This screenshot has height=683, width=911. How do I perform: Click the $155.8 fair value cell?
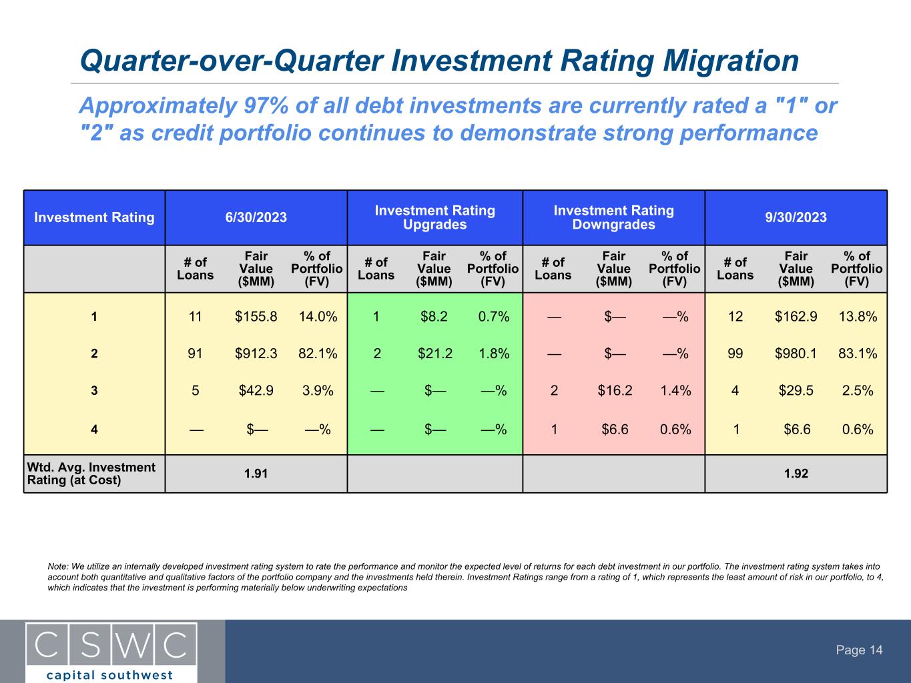256,317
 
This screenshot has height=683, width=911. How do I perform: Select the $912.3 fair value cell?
256,354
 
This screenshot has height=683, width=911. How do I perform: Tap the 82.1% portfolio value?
318,354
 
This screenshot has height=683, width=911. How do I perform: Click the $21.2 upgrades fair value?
434,354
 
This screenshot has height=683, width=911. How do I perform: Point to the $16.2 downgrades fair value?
615,391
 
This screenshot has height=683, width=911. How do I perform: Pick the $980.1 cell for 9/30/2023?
796,354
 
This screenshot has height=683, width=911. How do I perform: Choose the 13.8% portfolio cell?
858,317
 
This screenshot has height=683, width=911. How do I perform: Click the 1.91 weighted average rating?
256,474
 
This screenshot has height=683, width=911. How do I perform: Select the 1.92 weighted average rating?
796,474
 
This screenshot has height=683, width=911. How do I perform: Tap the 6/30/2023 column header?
256,217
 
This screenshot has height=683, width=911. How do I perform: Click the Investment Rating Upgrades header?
434,217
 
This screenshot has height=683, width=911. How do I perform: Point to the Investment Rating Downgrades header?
613,217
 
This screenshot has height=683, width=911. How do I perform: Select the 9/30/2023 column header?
796,217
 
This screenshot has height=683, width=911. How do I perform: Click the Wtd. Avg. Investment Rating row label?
91,474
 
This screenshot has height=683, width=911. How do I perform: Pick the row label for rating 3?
94,392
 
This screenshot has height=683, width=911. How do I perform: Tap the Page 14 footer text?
860,650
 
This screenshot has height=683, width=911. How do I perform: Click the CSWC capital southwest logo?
111,652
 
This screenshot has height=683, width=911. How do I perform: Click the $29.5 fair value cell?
796,391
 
